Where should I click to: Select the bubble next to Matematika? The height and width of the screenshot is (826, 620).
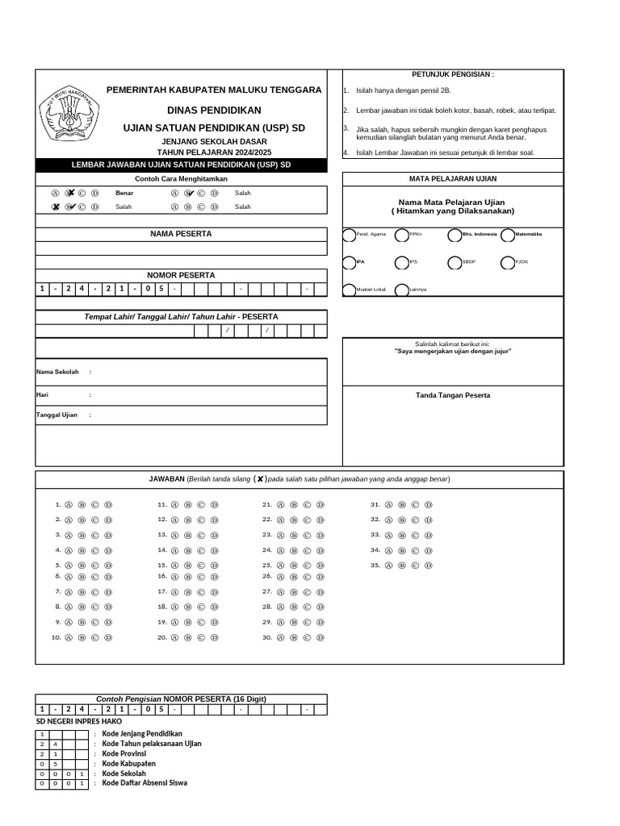tap(508, 236)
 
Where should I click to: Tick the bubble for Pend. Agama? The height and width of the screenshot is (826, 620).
tap(349, 236)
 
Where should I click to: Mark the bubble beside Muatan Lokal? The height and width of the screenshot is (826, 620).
tap(349, 290)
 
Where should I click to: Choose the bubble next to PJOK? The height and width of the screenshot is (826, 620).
tap(508, 263)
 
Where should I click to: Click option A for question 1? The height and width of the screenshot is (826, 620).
tap(69, 505)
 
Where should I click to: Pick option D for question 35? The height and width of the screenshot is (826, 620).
tap(429, 566)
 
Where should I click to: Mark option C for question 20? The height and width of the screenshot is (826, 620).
tap(200, 638)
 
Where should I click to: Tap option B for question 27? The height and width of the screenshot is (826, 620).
tap(294, 592)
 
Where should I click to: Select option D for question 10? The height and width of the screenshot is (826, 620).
tap(108, 638)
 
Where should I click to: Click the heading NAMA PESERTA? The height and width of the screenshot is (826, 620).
tap(181, 234)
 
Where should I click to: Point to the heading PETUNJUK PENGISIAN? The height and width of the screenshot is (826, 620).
tap(452, 74)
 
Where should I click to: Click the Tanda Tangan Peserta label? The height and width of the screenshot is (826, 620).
tap(452, 395)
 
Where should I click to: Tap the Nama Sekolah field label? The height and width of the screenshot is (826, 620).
tap(57, 372)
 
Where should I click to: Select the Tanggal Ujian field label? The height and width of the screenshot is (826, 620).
tap(57, 415)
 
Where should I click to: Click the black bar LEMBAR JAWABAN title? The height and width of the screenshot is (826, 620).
tap(181, 165)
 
